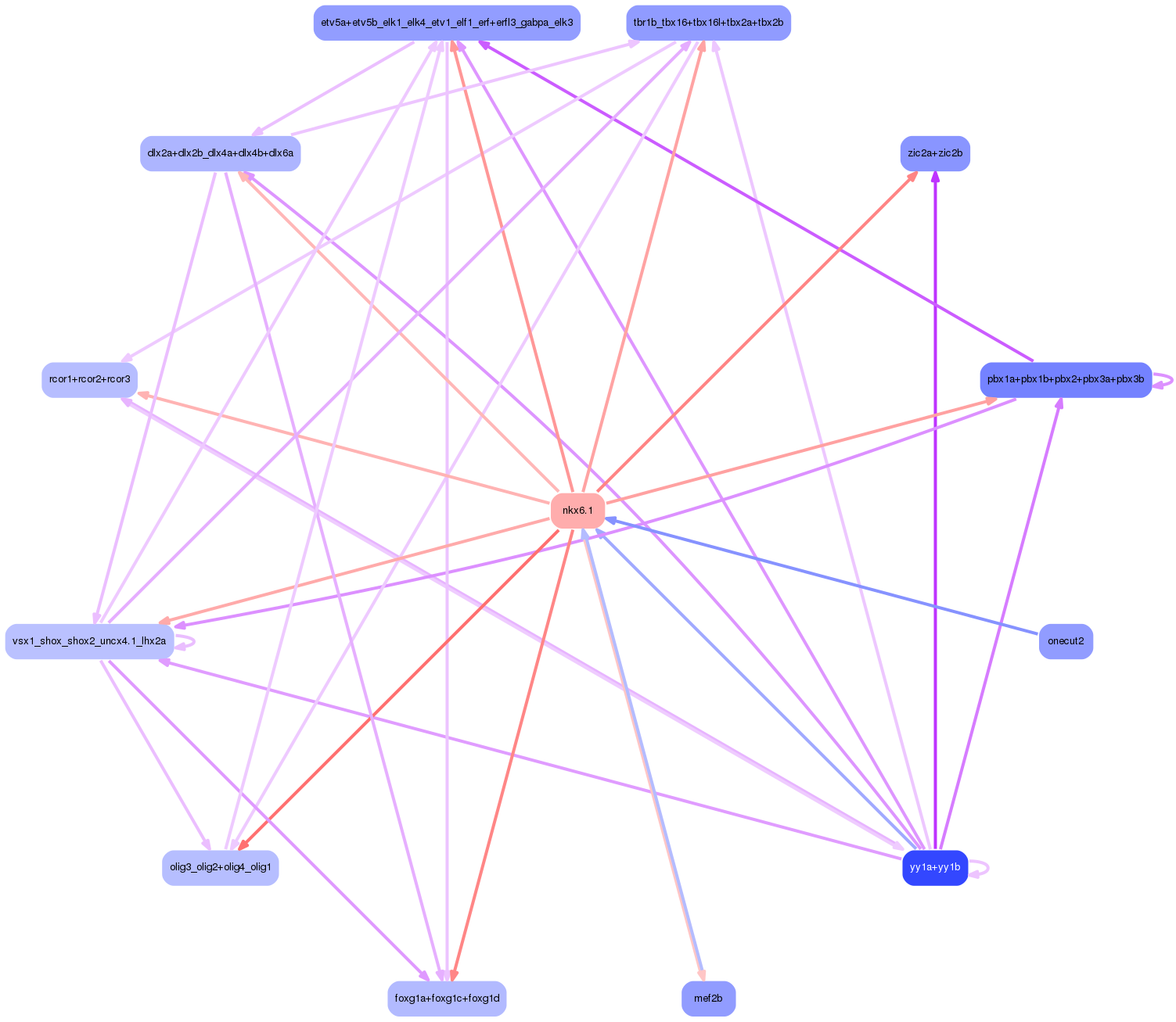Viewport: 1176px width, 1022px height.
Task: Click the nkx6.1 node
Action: (x=577, y=511)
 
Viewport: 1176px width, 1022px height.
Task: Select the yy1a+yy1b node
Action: (x=935, y=867)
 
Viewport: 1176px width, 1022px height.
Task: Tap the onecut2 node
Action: (x=1065, y=641)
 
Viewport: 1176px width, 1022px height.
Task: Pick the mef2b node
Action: (x=708, y=999)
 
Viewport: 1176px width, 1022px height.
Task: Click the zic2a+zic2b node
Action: (x=934, y=153)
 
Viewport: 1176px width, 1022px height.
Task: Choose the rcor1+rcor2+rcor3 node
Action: (x=89, y=379)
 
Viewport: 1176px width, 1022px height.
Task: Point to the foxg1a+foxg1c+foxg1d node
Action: (x=447, y=999)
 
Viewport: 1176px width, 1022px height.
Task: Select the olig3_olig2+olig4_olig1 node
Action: (x=220, y=867)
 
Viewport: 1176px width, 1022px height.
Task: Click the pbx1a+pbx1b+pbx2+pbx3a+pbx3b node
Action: (x=1065, y=379)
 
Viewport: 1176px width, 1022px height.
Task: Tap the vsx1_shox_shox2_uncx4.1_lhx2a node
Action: (x=89, y=641)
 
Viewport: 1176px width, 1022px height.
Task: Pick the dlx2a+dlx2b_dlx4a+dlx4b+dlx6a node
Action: (x=220, y=153)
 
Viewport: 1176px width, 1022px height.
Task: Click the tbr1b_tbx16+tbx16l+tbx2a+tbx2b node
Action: (x=708, y=23)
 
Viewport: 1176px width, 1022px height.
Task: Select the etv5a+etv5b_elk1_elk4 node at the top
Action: (x=447, y=23)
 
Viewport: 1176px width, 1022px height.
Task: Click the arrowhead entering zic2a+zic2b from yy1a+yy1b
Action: (x=934, y=178)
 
